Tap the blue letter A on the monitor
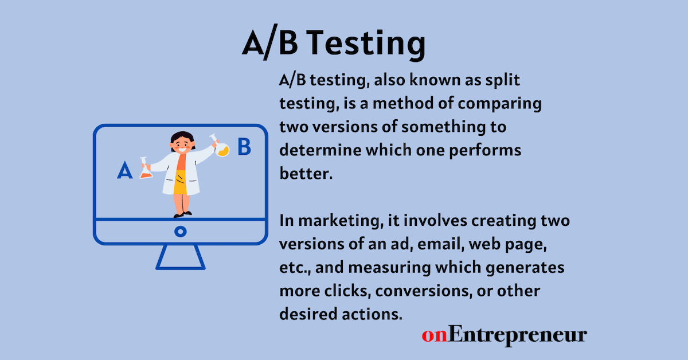point(124,170)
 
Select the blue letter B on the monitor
point(244,147)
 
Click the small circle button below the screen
point(180,232)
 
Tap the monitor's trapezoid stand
point(180,257)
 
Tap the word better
point(305,173)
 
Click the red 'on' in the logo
point(433,335)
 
